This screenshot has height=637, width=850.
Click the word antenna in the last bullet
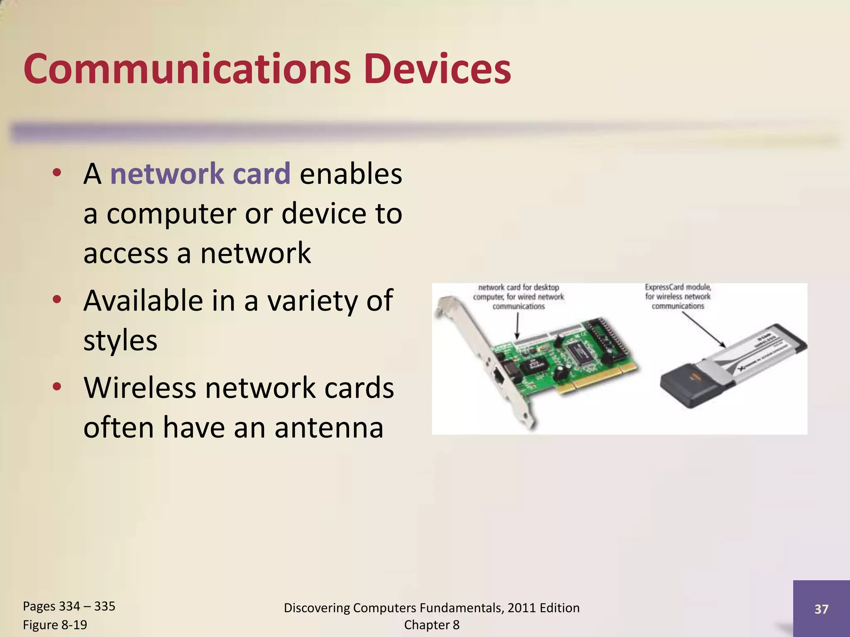(329, 427)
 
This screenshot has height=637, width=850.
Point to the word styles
(120, 340)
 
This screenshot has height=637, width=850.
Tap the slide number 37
(821, 609)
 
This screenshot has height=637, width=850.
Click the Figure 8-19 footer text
(55, 625)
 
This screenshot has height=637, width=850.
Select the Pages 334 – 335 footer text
(69, 606)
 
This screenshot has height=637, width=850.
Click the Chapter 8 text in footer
(432, 625)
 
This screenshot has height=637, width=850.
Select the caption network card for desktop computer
(518, 297)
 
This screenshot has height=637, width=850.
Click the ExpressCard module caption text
(678, 296)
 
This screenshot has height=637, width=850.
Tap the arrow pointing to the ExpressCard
(703, 330)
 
